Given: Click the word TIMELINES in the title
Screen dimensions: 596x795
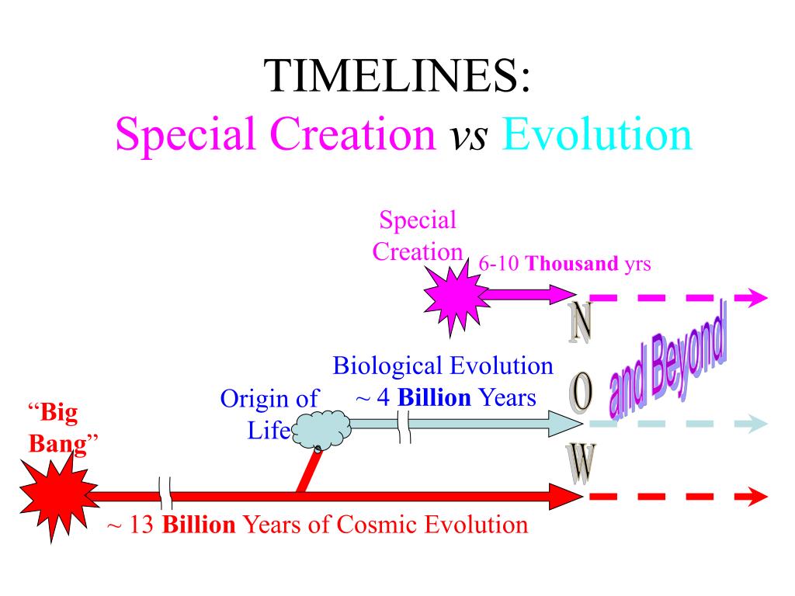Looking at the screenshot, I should tap(397, 78).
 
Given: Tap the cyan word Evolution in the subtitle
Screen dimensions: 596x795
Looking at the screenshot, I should tap(596, 135).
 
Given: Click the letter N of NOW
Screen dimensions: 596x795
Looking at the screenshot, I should tap(578, 324).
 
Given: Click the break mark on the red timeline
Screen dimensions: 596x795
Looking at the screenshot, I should tap(165, 491).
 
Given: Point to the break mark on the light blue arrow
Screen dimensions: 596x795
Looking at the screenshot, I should tap(404, 425).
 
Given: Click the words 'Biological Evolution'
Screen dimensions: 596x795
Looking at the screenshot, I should tap(443, 366).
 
